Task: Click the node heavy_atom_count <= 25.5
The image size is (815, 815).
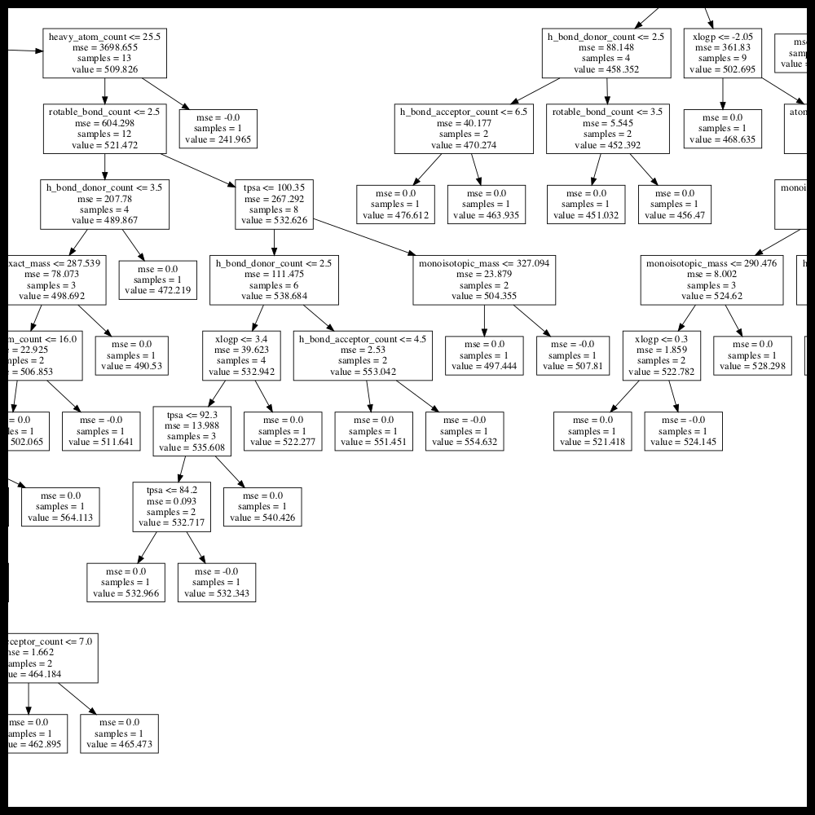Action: pos(105,53)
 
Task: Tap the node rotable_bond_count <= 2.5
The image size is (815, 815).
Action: pos(103,128)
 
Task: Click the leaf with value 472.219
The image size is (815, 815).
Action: pos(157,280)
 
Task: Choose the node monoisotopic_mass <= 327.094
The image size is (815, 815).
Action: pos(484,280)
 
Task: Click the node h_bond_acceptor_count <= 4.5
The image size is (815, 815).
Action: pos(362,355)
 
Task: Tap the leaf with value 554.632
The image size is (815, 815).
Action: pos(465,431)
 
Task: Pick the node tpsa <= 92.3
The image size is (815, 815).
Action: pos(193,431)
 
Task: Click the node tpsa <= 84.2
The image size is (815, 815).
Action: pos(172,506)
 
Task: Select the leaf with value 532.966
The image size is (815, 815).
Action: pos(126,582)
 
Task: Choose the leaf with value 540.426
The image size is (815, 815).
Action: pos(262,506)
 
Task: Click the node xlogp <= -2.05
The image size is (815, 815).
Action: pos(722,53)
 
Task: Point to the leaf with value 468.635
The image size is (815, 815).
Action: pos(722,129)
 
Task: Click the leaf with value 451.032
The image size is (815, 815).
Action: pos(584,204)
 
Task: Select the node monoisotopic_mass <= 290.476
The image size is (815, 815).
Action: pos(711,280)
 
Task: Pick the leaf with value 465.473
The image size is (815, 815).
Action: pos(119,733)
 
